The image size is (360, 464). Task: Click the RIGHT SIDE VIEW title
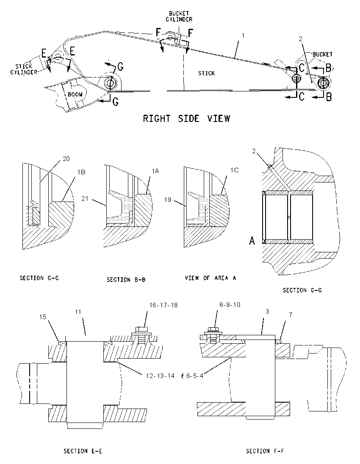tap(186, 119)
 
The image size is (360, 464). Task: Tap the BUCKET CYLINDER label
tap(179, 17)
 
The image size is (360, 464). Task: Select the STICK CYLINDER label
tap(24, 69)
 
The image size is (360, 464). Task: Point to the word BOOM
tap(75, 94)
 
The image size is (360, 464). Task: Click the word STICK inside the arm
tap(206, 73)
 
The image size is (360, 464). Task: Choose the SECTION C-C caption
tap(39, 278)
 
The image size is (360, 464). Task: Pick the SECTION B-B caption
tap(126, 280)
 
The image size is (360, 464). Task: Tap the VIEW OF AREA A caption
tap(210, 278)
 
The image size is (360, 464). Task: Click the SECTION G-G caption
tap(302, 290)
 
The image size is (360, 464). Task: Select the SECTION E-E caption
tap(83, 451)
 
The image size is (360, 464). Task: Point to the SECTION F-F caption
tap(265, 451)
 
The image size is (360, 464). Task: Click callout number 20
tap(66, 159)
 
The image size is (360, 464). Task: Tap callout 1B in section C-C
tap(81, 172)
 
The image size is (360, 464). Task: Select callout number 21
tap(85, 198)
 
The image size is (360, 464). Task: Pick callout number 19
tap(168, 200)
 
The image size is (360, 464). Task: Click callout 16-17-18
tap(163, 305)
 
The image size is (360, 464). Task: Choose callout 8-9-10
tap(230, 304)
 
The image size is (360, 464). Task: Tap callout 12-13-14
tap(160, 376)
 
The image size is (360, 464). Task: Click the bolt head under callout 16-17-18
tap(141, 329)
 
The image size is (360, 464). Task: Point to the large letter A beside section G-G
tap(252, 240)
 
